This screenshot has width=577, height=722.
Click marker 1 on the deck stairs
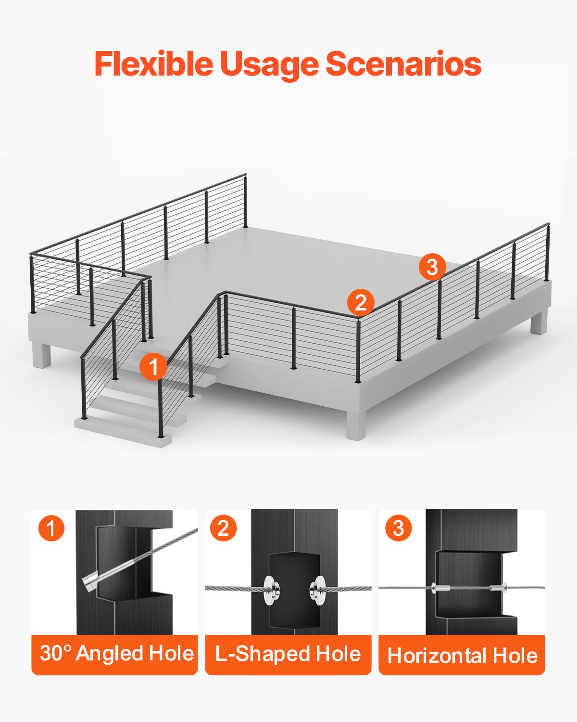pyautogui.click(x=153, y=367)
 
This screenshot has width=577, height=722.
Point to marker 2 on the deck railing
pyautogui.click(x=360, y=302)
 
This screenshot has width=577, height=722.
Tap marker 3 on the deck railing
pyautogui.click(x=432, y=266)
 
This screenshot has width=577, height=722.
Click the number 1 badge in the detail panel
pyautogui.click(x=51, y=528)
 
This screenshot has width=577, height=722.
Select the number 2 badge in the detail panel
pyautogui.click(x=223, y=528)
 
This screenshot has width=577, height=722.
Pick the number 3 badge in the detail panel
pyautogui.click(x=398, y=528)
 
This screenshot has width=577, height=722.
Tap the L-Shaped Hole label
pyautogui.click(x=288, y=654)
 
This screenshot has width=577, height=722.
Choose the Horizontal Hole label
pyautogui.click(x=462, y=656)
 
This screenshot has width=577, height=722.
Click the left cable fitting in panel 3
pyautogui.click(x=440, y=588)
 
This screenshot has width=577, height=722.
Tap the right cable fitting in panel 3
pyautogui.click(x=499, y=588)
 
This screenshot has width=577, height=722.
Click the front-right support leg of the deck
pyautogui.click(x=355, y=424)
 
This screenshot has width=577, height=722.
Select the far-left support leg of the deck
pyautogui.click(x=41, y=355)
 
